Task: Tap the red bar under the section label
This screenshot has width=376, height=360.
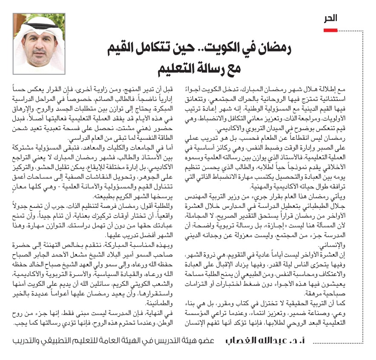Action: click(330, 30)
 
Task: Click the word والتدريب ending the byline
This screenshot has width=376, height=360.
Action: click(30, 341)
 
